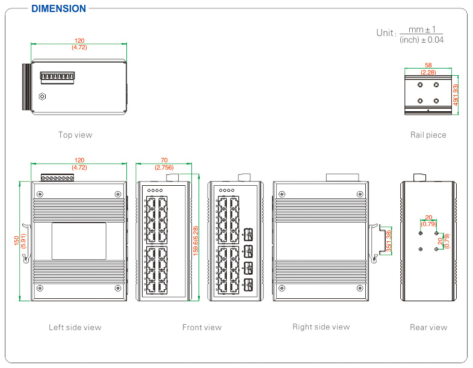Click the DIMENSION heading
(58, 8)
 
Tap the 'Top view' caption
(75, 135)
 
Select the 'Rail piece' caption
(428, 135)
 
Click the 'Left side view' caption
(75, 327)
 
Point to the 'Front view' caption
(202, 327)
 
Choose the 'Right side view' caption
(321, 327)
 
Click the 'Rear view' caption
(428, 327)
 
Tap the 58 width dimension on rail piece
(428, 65)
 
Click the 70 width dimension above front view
(164, 160)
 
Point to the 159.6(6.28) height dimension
(196, 241)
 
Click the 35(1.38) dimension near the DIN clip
(389, 241)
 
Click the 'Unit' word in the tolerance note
(385, 33)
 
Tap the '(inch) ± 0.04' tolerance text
(422, 40)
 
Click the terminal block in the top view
(57, 78)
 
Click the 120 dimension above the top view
(79, 40)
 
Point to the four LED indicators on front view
(154, 191)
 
